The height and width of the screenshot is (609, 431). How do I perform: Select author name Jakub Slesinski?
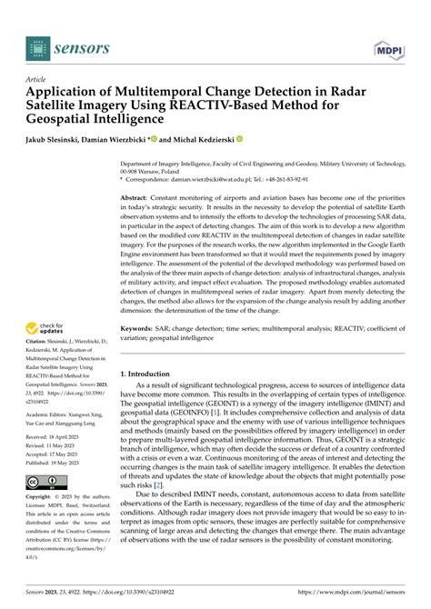tap(59, 140)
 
